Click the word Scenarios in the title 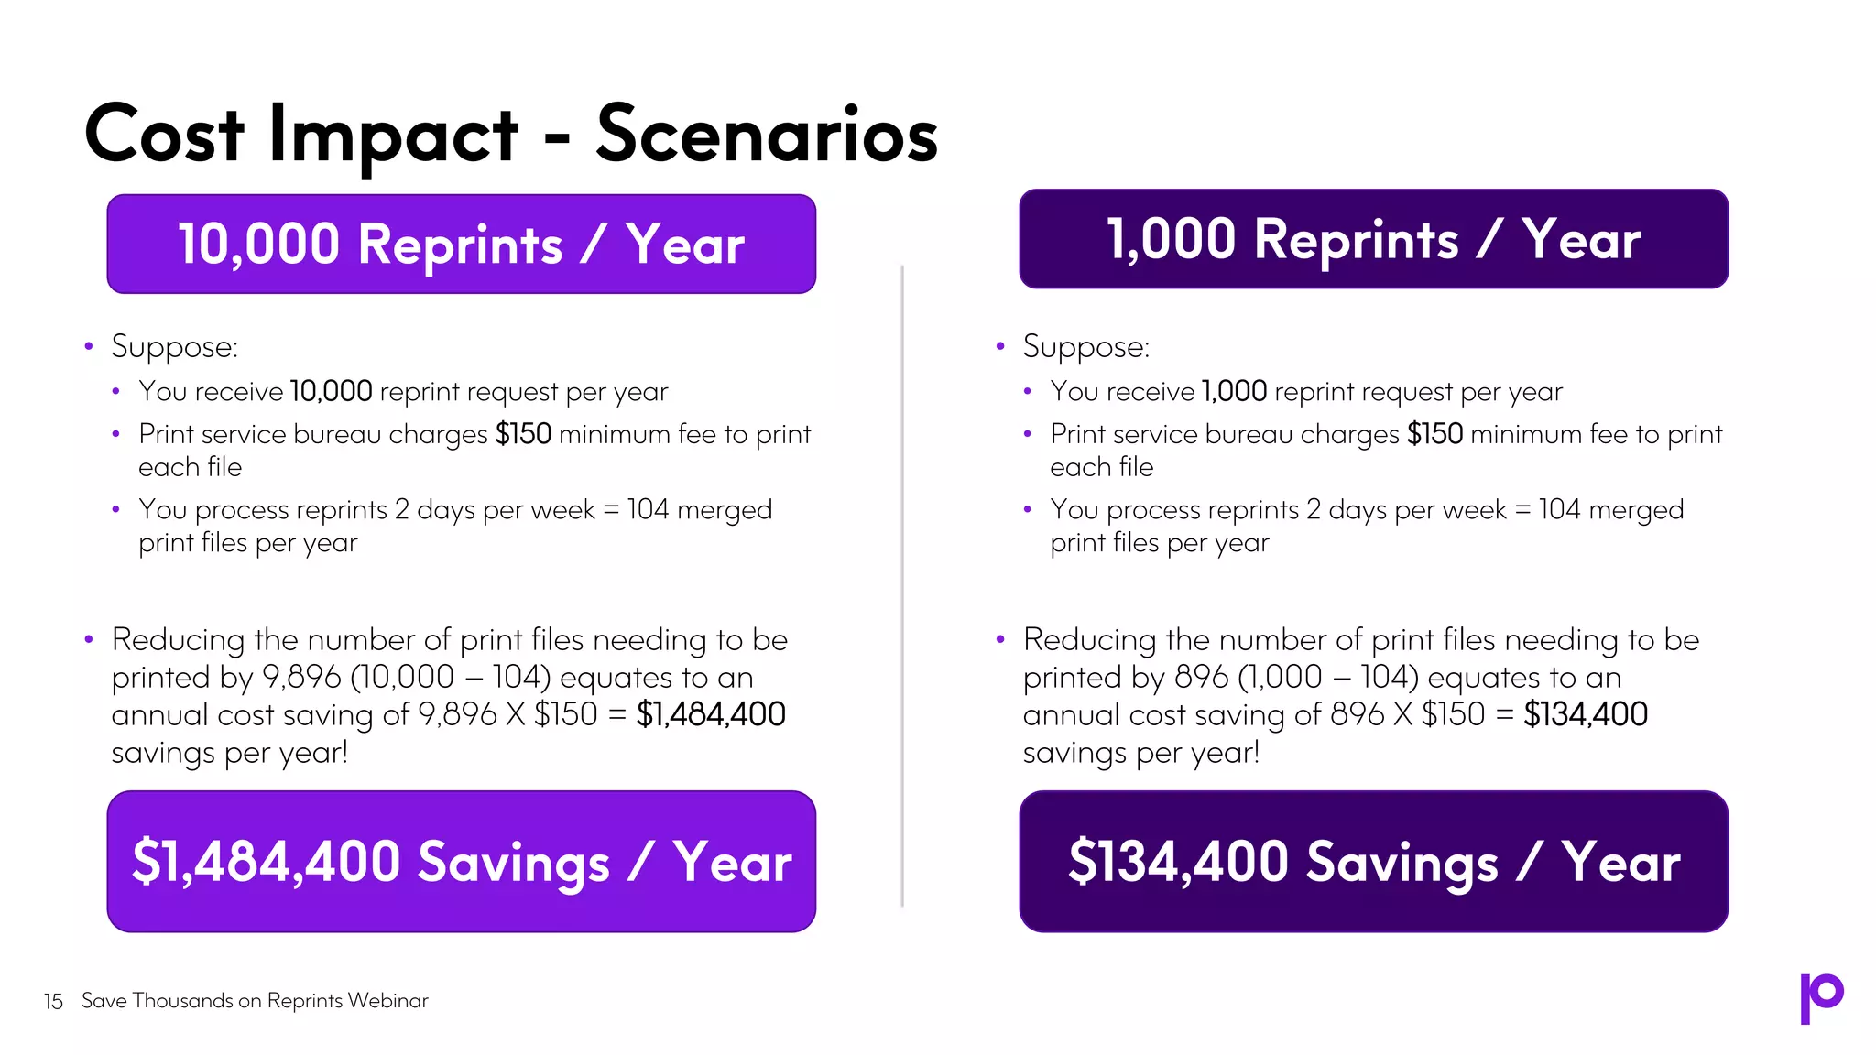point(767,135)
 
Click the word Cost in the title point(165,135)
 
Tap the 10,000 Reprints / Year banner point(461,244)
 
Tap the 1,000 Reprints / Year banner point(1373,239)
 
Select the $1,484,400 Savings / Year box point(461,861)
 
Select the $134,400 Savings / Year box point(1373,861)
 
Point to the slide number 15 point(53,1001)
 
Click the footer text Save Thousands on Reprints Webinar point(255,1000)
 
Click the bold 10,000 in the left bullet point(331,392)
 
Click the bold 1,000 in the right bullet point(1234,392)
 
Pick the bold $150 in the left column point(523,434)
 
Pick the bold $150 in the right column point(1434,434)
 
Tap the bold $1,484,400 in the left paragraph point(711,714)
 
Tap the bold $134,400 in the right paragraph point(1585,714)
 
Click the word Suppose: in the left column point(174,347)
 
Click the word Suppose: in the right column point(1085,347)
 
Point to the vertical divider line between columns point(902,586)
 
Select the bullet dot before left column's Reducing point(89,639)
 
